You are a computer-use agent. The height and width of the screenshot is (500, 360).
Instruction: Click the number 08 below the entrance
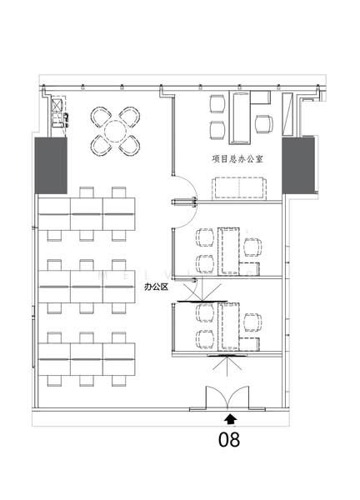(x=229, y=439)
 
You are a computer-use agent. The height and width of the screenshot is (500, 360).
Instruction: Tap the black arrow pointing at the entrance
(x=230, y=419)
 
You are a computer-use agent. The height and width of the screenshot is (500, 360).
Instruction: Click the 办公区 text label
(x=156, y=287)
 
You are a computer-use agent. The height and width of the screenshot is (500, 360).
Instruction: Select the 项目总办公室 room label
(x=237, y=158)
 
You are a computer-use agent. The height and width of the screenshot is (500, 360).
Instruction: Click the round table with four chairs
(x=115, y=132)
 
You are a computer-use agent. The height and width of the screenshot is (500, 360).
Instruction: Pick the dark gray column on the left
(x=51, y=166)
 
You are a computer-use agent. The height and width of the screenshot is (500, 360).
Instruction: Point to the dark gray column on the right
(x=298, y=166)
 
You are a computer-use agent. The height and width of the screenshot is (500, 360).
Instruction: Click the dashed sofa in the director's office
(x=239, y=189)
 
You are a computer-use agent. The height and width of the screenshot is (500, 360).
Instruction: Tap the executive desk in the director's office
(x=239, y=117)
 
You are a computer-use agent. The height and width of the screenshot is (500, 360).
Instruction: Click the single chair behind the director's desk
(x=264, y=124)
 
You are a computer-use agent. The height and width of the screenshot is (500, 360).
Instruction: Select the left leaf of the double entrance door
(x=216, y=397)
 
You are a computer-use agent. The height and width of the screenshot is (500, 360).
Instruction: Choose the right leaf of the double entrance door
(x=237, y=397)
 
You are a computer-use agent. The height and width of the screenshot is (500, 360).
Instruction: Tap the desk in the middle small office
(x=228, y=252)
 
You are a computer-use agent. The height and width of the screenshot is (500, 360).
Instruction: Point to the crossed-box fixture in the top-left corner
(x=57, y=105)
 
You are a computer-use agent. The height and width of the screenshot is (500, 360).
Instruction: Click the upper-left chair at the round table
(x=101, y=117)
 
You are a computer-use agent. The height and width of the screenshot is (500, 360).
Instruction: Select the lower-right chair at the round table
(x=129, y=146)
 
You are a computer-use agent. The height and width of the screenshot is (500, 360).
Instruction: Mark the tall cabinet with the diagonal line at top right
(x=287, y=114)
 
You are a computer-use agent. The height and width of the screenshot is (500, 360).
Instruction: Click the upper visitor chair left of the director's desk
(x=217, y=104)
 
